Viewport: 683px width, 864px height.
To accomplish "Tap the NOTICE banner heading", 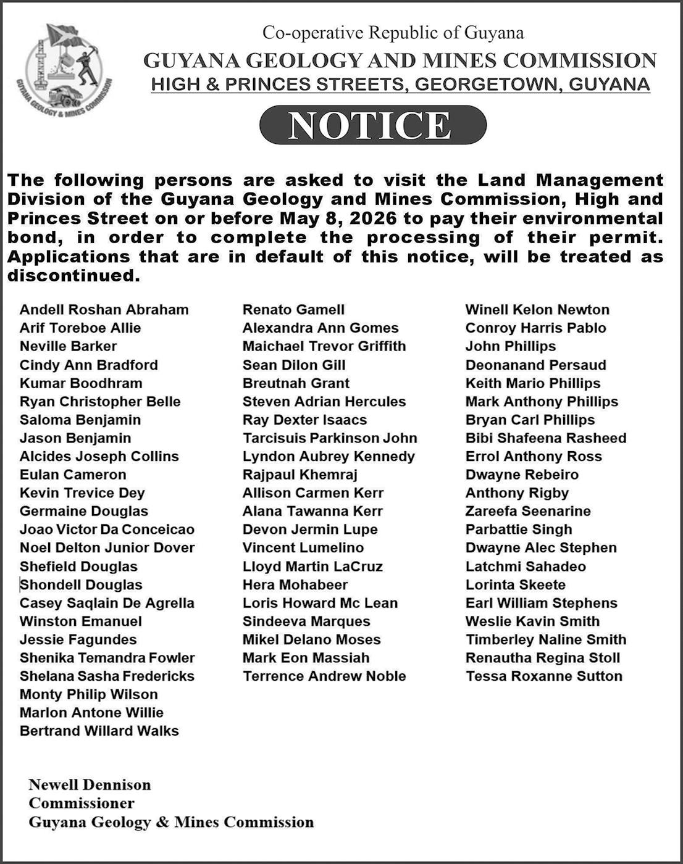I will click(372, 125).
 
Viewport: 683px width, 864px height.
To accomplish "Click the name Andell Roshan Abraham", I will click(104, 310).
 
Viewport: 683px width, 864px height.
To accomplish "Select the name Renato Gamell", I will click(293, 310).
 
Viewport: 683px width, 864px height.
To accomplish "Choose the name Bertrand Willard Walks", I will click(99, 731).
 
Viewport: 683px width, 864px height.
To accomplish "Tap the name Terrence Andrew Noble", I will click(324, 676).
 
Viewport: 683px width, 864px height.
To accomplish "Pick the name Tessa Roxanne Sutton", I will click(543, 676).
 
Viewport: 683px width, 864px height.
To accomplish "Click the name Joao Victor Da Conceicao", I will click(107, 530).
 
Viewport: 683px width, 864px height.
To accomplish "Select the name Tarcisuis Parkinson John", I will click(330, 438).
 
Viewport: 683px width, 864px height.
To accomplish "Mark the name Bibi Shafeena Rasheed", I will click(546, 438).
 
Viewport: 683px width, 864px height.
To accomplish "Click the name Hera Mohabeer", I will click(295, 584).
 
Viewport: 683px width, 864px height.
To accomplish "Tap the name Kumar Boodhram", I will click(81, 383).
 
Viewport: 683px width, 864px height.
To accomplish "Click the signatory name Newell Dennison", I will click(90, 785).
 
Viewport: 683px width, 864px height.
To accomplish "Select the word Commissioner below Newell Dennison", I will click(81, 804).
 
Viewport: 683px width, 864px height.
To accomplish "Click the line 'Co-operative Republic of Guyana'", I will click(393, 33).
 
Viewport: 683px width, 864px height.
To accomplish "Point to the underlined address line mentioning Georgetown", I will click(400, 85).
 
